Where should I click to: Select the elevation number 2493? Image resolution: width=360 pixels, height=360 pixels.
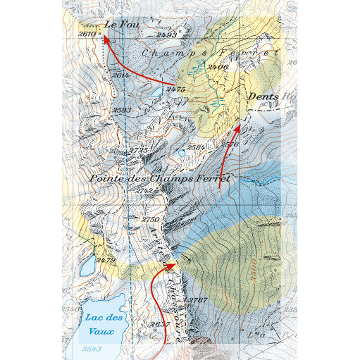(x=166, y=34)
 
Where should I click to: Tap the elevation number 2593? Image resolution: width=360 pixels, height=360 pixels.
(x=122, y=110)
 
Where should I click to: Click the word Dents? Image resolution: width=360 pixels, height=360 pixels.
(x=262, y=96)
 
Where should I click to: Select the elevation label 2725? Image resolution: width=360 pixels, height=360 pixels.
(x=139, y=150)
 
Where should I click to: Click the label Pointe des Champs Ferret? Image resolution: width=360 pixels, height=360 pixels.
(x=160, y=178)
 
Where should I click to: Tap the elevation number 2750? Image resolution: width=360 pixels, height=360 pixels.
(x=151, y=220)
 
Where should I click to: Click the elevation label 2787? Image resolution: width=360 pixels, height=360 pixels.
(x=198, y=300)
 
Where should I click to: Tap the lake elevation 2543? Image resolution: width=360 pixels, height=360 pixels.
(x=91, y=349)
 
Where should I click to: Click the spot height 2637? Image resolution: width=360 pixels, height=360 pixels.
(x=159, y=324)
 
